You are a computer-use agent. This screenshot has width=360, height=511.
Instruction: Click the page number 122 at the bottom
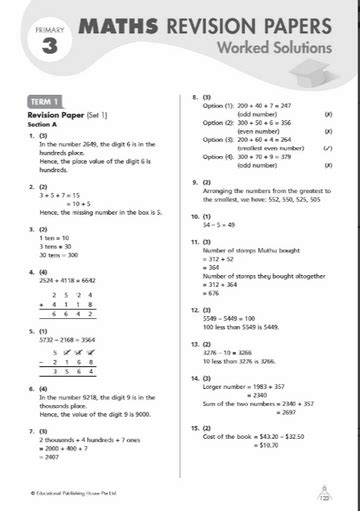323,497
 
